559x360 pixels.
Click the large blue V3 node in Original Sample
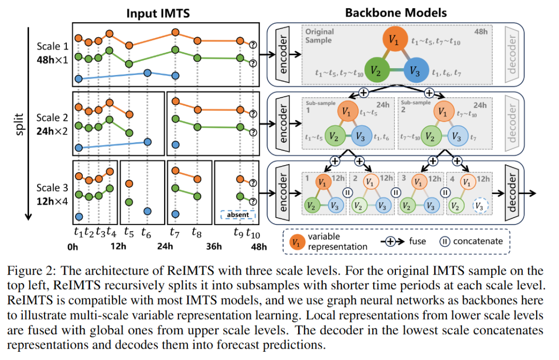pos(417,71)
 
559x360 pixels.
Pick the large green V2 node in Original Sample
pos(378,71)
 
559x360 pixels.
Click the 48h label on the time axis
pos(258,246)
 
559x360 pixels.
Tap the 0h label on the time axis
pos(73,246)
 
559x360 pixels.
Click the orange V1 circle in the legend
pos(297,242)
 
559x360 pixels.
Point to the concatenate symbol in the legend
pos(445,241)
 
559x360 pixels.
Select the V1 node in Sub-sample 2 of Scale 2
pos(442,111)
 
